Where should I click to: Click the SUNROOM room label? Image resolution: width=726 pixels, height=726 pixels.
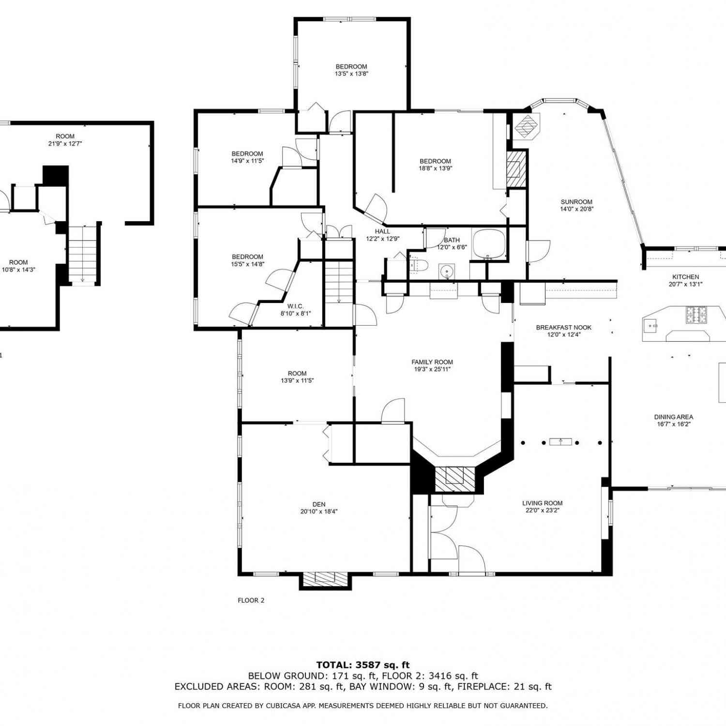click(576, 202)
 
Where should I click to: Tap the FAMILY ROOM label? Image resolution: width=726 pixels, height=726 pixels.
click(432, 362)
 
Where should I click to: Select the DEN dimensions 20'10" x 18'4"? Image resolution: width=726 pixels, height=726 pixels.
click(319, 511)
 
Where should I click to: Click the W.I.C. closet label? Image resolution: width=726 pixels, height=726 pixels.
click(295, 306)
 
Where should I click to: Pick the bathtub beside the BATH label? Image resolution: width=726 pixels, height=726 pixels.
click(489, 244)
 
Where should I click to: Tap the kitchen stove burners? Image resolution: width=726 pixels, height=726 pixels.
click(696, 315)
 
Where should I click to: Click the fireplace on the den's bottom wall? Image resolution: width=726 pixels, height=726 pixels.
click(325, 580)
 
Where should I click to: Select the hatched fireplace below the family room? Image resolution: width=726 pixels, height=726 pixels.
click(455, 479)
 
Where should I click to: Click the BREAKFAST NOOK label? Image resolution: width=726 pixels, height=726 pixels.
click(564, 328)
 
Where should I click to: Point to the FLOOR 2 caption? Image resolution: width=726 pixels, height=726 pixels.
click(251, 600)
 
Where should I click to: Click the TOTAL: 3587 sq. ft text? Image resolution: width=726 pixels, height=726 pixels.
click(363, 665)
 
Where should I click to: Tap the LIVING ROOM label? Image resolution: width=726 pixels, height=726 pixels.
click(543, 503)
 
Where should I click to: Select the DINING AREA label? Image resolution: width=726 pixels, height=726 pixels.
click(674, 417)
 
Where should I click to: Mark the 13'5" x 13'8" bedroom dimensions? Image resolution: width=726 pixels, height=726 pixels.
click(352, 74)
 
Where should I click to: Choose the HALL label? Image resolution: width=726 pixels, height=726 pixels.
click(382, 231)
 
